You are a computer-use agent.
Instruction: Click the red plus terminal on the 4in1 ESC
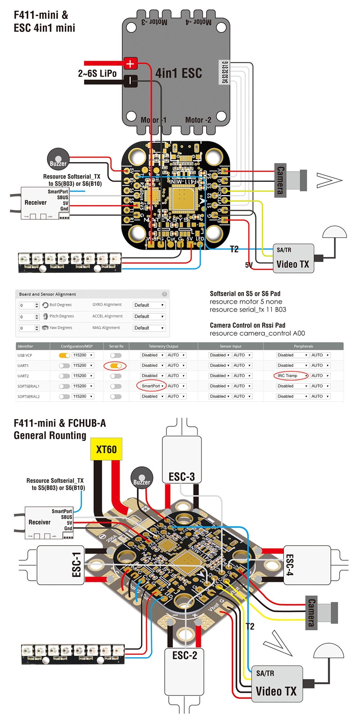pyautogui.click(x=130, y=63)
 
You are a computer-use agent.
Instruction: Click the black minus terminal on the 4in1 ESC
pyautogui.click(x=130, y=81)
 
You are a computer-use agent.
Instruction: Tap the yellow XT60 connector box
pyautogui.click(x=106, y=449)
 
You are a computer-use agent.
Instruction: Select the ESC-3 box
pyautogui.click(x=181, y=459)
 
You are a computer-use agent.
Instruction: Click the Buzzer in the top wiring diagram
pyautogui.click(x=58, y=160)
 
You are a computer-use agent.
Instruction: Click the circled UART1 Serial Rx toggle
pyautogui.click(x=115, y=366)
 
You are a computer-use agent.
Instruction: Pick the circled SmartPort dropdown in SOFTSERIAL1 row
pyautogui.click(x=151, y=386)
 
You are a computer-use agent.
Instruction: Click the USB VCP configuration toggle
pyautogui.click(x=65, y=355)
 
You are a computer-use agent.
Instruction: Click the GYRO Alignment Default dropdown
pyautogui.click(x=149, y=305)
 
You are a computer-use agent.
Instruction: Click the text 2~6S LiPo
pyautogui.click(x=97, y=73)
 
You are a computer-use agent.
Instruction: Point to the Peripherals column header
pyautogui.click(x=303, y=346)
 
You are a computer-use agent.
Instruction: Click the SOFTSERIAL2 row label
pyautogui.click(x=28, y=397)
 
